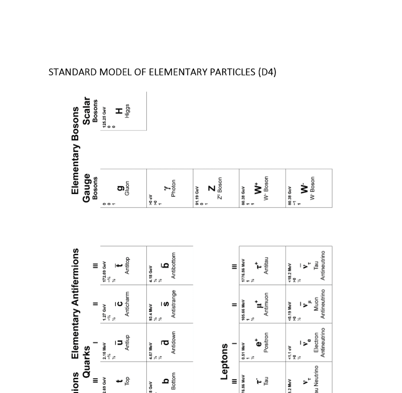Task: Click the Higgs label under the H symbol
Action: click(x=128, y=111)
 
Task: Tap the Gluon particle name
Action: click(x=128, y=188)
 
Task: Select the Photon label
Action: click(x=173, y=188)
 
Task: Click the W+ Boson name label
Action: click(x=266, y=188)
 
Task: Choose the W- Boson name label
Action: click(x=312, y=188)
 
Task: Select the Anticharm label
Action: click(x=128, y=304)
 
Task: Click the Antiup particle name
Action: click(x=128, y=343)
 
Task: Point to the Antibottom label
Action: click(x=174, y=266)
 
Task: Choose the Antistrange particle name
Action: click(x=174, y=304)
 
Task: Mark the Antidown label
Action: click(x=174, y=343)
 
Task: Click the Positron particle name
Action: click(x=266, y=343)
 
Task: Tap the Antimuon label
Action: click(x=266, y=304)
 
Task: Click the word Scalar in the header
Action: click(x=86, y=111)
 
